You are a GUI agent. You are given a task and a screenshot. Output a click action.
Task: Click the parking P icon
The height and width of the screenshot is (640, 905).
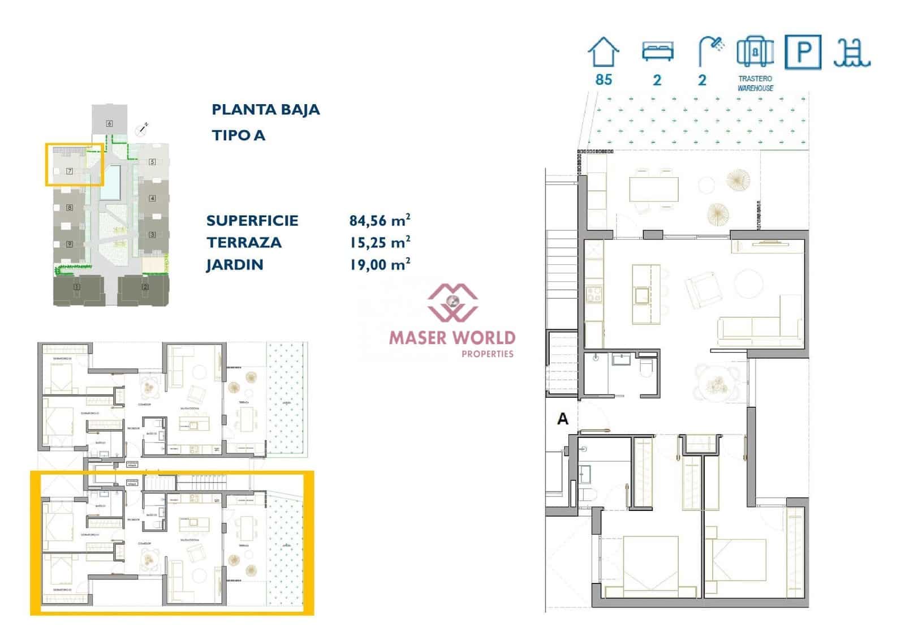click(x=803, y=52)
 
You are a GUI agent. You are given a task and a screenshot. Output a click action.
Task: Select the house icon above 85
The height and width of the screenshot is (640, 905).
click(x=604, y=53)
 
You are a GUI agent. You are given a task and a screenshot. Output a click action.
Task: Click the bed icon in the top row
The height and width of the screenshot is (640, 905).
click(x=657, y=51)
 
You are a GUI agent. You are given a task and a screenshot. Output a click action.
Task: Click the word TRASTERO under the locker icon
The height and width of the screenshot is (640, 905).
click(x=755, y=79)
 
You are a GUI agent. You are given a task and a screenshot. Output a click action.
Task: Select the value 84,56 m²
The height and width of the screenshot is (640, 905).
click(x=380, y=220)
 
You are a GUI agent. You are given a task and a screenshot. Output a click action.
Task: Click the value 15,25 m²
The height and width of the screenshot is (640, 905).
click(x=380, y=242)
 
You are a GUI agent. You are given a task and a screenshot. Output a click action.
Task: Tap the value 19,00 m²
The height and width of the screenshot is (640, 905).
click(x=380, y=264)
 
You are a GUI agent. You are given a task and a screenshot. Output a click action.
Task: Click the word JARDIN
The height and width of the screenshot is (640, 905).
click(x=235, y=265)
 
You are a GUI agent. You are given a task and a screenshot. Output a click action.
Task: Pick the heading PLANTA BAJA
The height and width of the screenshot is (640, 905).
click(x=265, y=110)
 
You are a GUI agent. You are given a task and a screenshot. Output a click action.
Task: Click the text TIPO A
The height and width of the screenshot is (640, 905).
click(x=238, y=135)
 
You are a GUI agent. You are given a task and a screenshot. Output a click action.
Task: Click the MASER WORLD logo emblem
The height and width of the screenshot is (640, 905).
click(x=452, y=302)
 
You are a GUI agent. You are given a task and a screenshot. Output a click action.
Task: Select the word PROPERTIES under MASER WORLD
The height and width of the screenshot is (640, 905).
click(x=487, y=354)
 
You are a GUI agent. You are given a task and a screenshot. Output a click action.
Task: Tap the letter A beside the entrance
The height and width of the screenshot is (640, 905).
click(x=562, y=419)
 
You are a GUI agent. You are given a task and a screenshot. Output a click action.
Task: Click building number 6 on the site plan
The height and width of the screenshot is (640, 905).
click(x=109, y=123)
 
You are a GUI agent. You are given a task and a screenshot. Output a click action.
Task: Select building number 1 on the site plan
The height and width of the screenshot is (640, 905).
click(x=77, y=287)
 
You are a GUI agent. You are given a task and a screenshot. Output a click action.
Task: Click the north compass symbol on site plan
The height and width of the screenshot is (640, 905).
click(x=142, y=130)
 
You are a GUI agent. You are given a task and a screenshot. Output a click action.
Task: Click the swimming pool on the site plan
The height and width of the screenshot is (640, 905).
click(x=112, y=182)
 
